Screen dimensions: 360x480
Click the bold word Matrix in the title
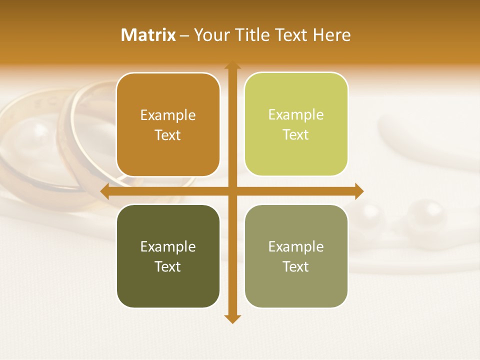[x=148, y=35]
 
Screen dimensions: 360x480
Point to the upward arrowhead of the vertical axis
[x=232, y=65]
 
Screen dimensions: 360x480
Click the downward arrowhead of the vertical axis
[x=232, y=319]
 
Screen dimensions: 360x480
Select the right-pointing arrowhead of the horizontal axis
[x=359, y=191]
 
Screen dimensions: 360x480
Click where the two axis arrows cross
[x=232, y=191]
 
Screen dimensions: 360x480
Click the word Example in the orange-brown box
[x=168, y=115]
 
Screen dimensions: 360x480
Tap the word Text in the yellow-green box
[x=296, y=135]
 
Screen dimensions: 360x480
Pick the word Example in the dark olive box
[x=168, y=246]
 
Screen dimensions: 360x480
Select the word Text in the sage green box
[x=296, y=266]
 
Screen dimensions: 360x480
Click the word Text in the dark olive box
[x=168, y=266]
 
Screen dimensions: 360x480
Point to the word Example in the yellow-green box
[x=296, y=115]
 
